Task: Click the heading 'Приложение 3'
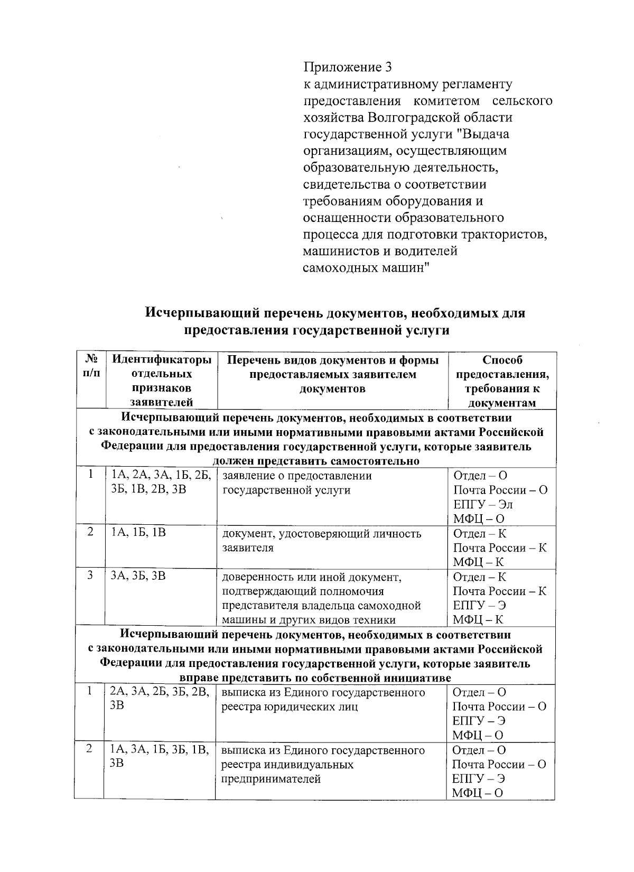pyautogui.click(x=348, y=67)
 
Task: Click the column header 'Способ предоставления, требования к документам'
pyautogui.click(x=502, y=381)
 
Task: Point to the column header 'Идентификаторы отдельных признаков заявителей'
pyautogui.click(x=162, y=381)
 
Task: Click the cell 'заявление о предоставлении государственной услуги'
pyautogui.click(x=297, y=483)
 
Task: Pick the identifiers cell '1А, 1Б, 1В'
pyautogui.click(x=138, y=533)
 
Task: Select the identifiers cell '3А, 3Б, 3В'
pyautogui.click(x=138, y=577)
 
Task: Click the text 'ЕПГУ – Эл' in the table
pyautogui.click(x=483, y=504)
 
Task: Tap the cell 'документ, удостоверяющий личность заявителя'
pyautogui.click(x=321, y=540)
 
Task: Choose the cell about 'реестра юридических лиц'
pyautogui.click(x=322, y=699)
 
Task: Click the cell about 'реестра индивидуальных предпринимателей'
pyautogui.click(x=322, y=764)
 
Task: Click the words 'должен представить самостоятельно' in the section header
pyautogui.click(x=315, y=461)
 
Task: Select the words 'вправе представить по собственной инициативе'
pyautogui.click(x=315, y=678)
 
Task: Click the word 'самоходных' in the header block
pyautogui.click(x=340, y=267)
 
